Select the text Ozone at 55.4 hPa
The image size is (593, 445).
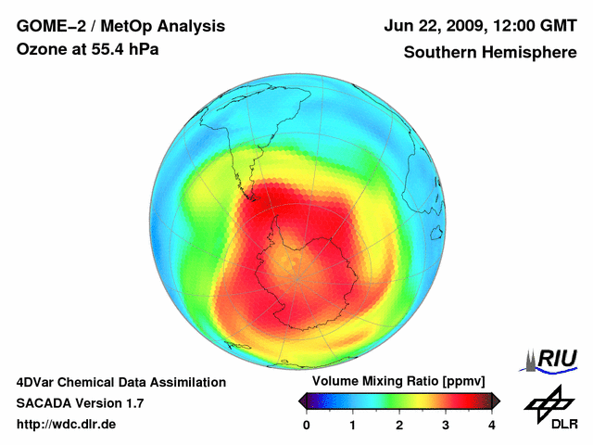coord(87,49)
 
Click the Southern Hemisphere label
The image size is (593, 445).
coord(489,53)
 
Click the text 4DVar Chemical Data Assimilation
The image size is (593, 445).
coord(120,382)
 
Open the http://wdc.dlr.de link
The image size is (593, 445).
coord(67,425)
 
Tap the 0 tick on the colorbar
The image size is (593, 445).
coord(307,425)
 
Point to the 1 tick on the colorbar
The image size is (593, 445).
coord(353,425)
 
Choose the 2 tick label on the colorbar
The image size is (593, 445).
coord(399,425)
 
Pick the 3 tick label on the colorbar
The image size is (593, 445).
coord(446,425)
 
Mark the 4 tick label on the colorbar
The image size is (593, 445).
coord(492,425)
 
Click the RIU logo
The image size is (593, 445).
coord(552,359)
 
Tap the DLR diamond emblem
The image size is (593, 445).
coord(550,400)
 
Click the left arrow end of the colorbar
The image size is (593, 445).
coord(302,400)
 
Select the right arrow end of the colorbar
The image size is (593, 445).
coord(496,400)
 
